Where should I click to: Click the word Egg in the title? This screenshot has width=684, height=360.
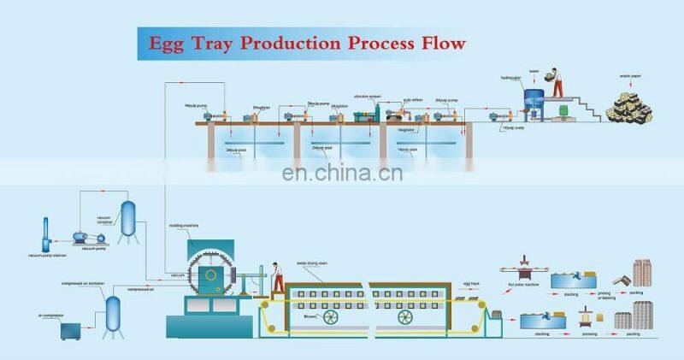tap(172, 42)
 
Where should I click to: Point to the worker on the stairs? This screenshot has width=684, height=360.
tap(557, 79)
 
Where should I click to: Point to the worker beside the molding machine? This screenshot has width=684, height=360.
tap(275, 274)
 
